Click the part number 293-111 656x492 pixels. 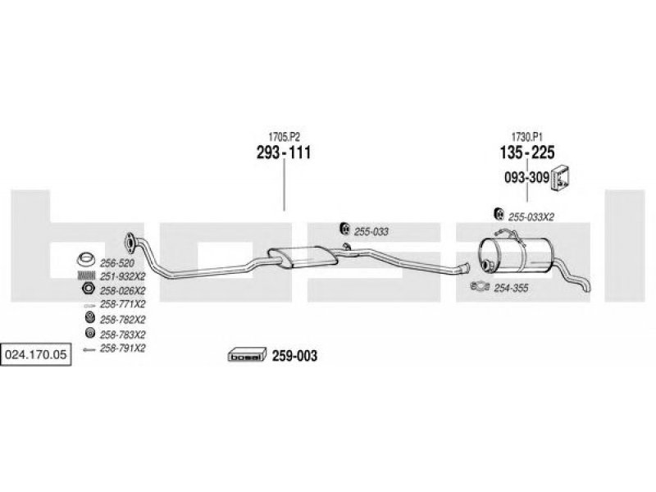coord(284,153)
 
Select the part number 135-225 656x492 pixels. coord(527,153)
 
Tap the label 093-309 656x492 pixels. coord(526,177)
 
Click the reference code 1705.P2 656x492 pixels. coord(284,137)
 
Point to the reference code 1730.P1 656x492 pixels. coord(527,137)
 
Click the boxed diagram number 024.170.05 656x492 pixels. coord(35,355)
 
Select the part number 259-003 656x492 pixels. coord(294,356)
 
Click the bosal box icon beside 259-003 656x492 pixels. coord(248,355)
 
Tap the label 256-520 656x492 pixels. coord(117,263)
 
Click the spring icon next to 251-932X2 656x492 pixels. coord(87,276)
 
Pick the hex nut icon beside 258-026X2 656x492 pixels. coord(88,289)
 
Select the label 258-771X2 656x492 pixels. coord(122,303)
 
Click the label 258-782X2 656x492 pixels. coord(122,320)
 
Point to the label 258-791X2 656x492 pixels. coord(122,348)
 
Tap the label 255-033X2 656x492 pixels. coord(531,217)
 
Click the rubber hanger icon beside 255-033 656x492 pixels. coord(344,229)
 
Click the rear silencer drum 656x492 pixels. coord(515,257)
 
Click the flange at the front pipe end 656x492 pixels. coord(130,243)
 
